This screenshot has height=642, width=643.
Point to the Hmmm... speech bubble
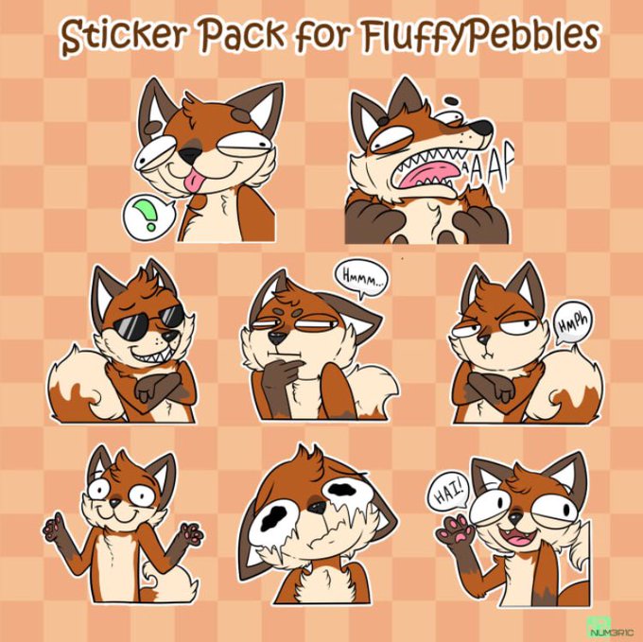[x=361, y=278]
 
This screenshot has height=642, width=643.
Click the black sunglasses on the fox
[x=148, y=320]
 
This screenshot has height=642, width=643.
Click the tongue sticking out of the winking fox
[x=191, y=182]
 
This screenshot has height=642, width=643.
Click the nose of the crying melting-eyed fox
[x=317, y=507]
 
